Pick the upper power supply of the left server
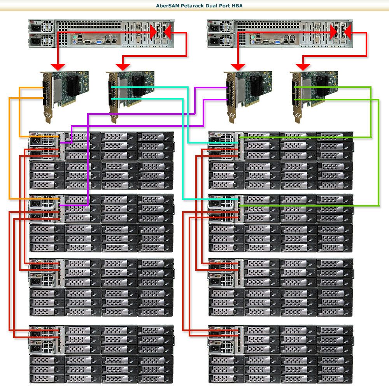point(41,28)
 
